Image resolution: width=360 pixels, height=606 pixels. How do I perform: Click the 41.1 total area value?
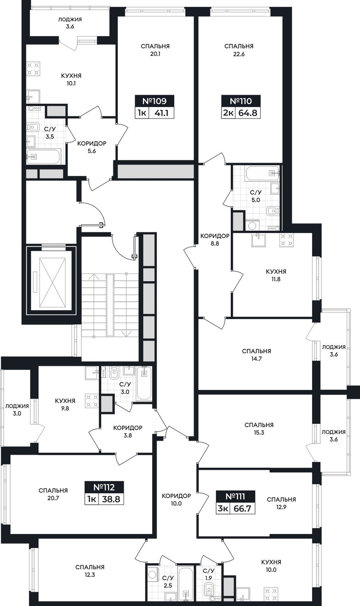click(x=161, y=113)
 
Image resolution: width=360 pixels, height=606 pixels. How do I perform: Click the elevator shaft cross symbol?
click(x=52, y=283)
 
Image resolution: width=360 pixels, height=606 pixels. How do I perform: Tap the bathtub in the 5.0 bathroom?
click(x=262, y=174)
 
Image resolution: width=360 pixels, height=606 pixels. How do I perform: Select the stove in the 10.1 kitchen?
click(x=33, y=69)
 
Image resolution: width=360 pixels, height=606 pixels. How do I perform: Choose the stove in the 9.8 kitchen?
click(x=92, y=400)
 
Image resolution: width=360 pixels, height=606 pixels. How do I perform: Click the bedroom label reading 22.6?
click(x=239, y=50)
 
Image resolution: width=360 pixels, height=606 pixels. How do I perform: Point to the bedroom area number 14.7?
click(x=257, y=359)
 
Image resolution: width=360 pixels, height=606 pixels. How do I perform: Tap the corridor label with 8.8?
click(x=215, y=240)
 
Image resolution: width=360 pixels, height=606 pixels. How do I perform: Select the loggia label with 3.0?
click(x=17, y=410)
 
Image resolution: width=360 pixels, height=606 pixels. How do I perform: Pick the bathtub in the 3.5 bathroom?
click(x=43, y=157)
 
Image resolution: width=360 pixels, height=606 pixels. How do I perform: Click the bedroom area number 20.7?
click(x=53, y=498)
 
